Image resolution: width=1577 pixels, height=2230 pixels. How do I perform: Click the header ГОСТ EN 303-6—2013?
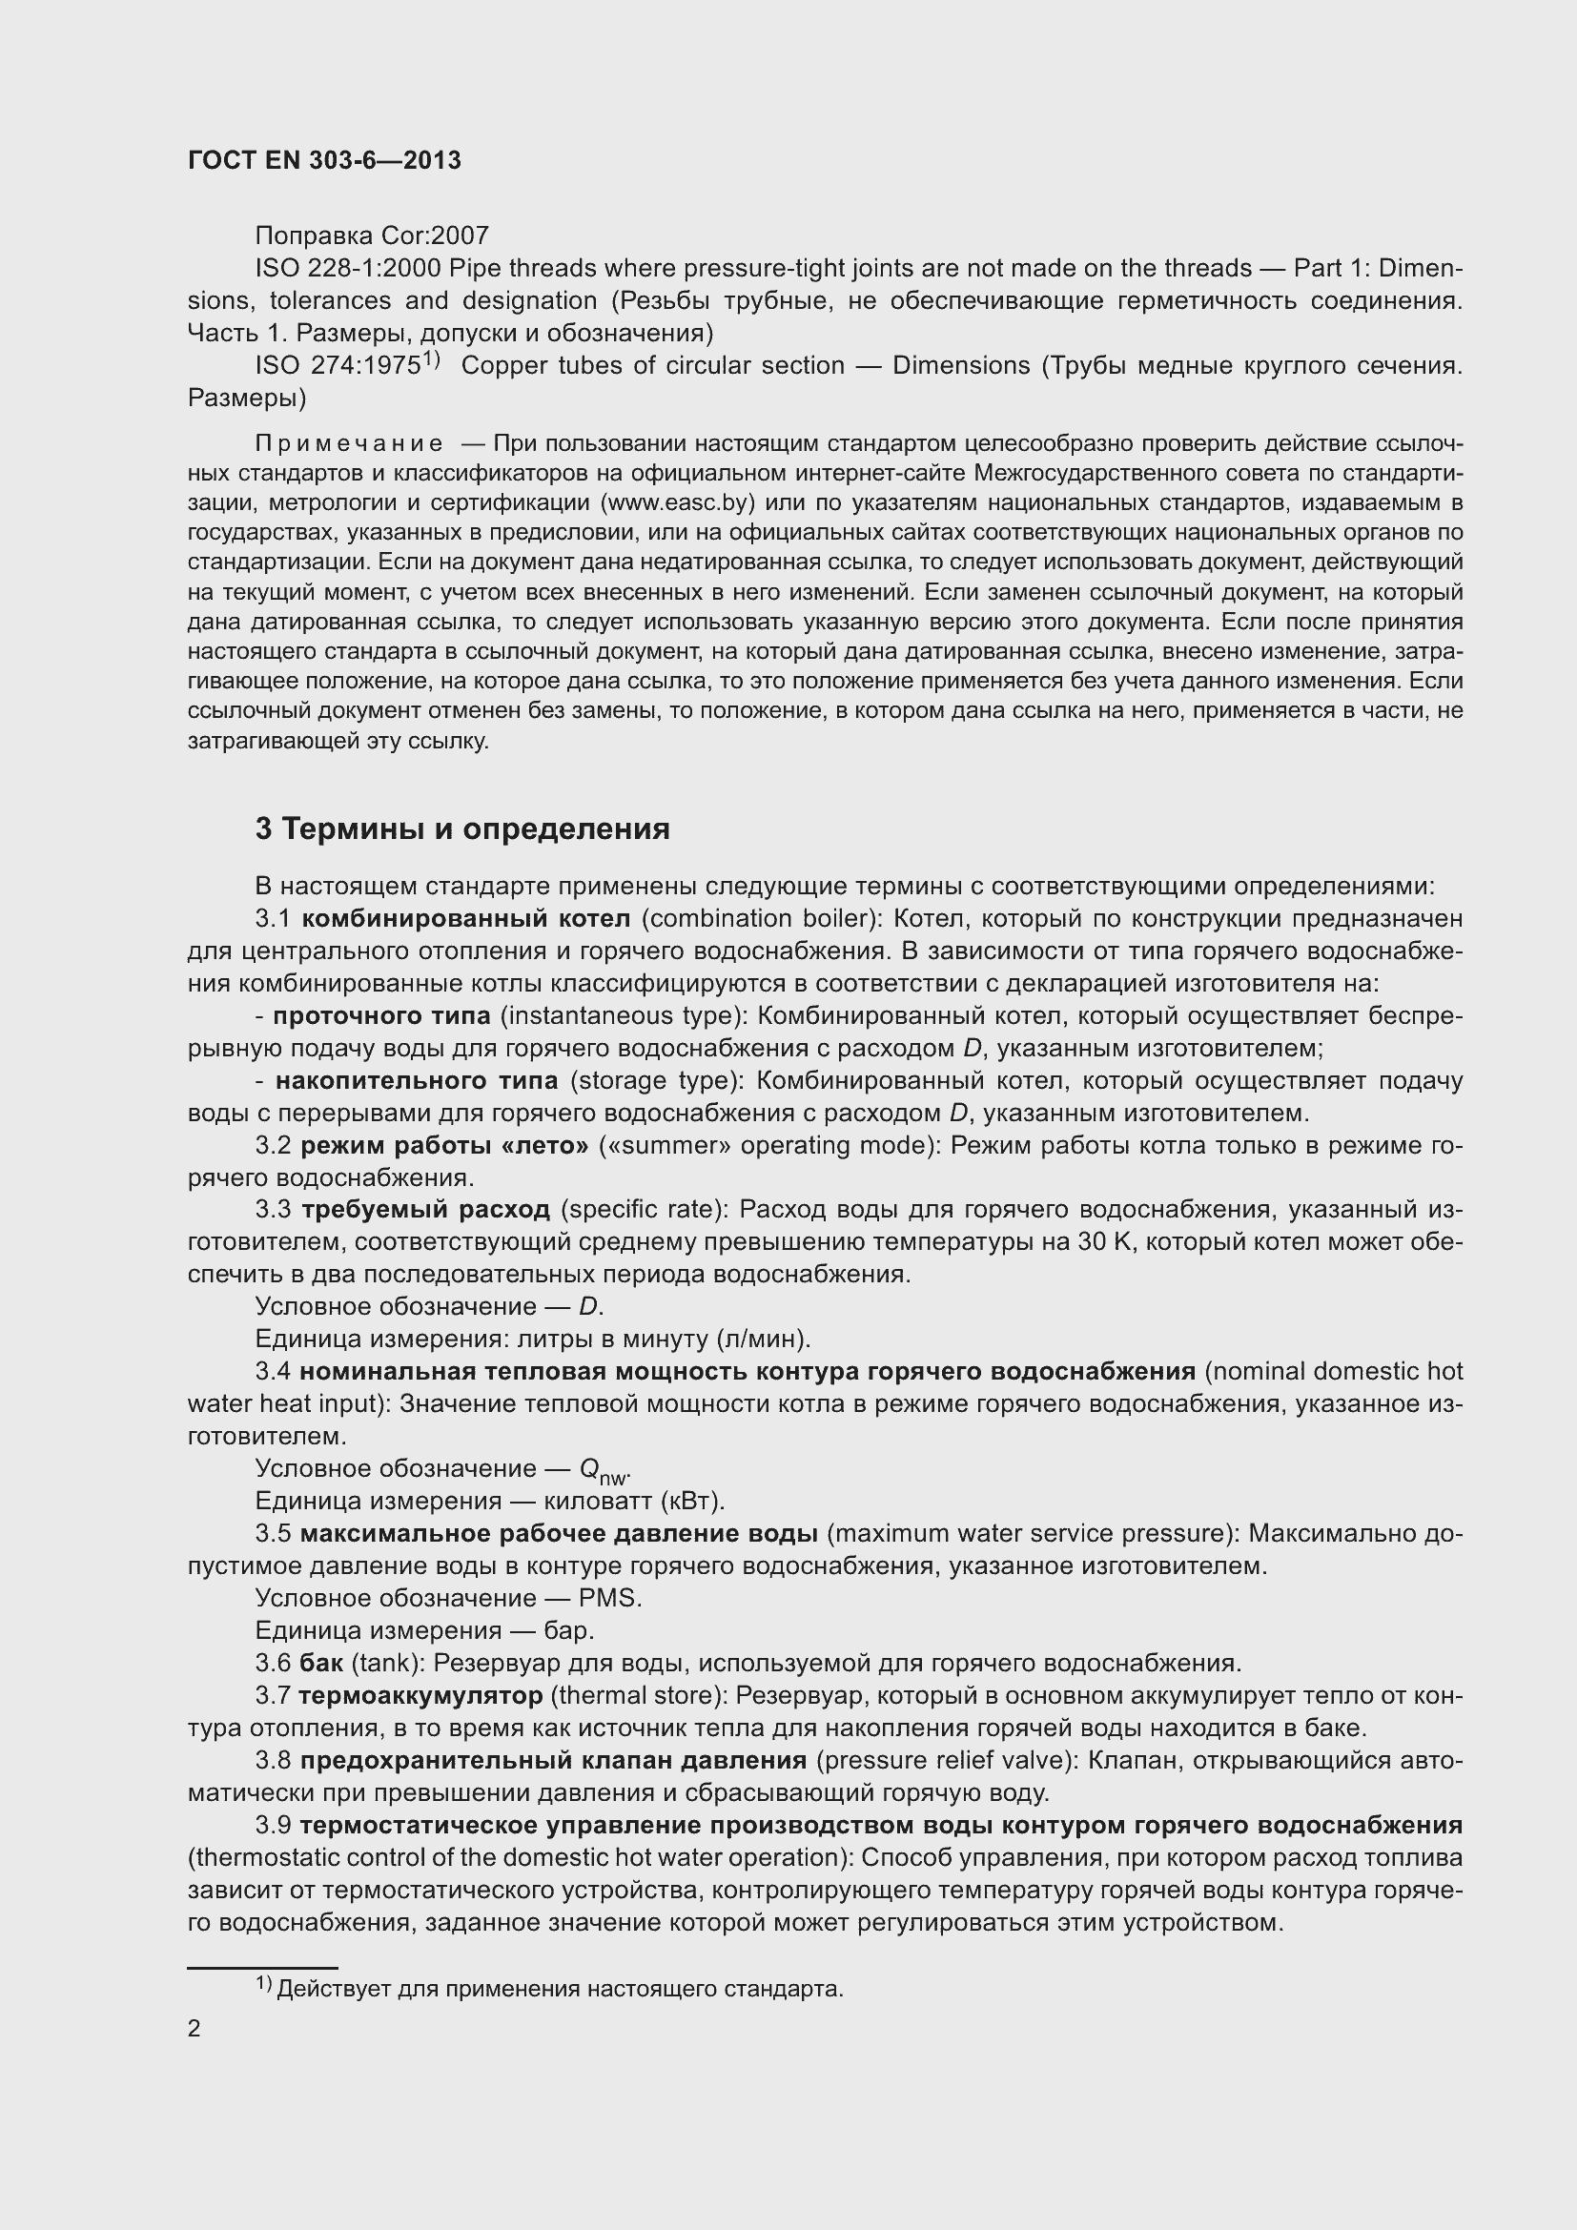pos(324,160)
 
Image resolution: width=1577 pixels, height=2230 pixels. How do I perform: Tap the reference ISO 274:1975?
pos(338,366)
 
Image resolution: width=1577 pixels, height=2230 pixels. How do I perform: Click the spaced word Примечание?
pos(349,444)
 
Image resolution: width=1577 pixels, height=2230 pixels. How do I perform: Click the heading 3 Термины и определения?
pos(462,829)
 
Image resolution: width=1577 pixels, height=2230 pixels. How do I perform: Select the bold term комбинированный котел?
pos(466,918)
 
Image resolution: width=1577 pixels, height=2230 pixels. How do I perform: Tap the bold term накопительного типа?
pos(417,1080)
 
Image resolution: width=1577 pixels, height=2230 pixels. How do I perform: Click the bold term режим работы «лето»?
pos(443,1145)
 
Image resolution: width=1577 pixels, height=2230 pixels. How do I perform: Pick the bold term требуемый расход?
pos(425,1209)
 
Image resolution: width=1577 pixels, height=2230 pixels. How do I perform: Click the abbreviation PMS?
pos(609,1598)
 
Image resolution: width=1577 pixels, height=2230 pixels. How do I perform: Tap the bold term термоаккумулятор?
pos(420,1695)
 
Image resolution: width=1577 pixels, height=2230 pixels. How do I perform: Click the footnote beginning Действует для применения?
pos(560,1989)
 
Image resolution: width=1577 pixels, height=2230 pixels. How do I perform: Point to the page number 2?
pos(195,2029)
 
